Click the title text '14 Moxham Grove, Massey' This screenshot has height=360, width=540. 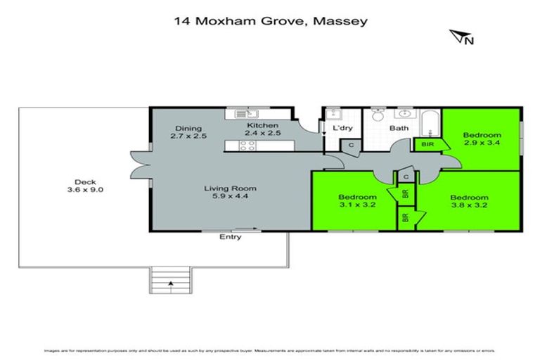[270, 21]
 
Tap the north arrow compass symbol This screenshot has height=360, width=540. [460, 37]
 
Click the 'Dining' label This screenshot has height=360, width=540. [189, 129]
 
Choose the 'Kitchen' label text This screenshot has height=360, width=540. [257, 124]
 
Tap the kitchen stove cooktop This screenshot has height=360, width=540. [247, 146]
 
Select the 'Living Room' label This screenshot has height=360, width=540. [230, 188]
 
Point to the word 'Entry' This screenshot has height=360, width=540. [231, 237]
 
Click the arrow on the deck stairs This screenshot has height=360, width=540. [170, 283]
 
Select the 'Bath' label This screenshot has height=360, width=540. [399, 129]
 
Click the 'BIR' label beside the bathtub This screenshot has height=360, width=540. [426, 144]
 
